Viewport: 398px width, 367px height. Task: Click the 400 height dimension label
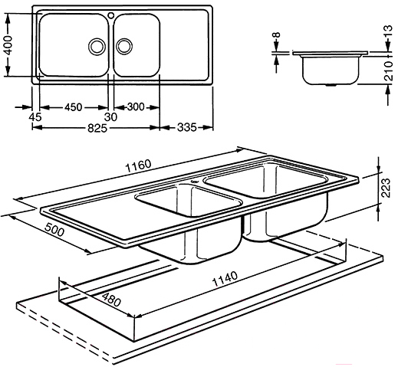(x=8, y=45)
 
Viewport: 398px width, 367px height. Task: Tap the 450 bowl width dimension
(x=74, y=107)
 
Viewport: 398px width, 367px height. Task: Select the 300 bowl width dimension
(x=136, y=106)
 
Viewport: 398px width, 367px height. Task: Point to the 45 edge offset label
(x=35, y=117)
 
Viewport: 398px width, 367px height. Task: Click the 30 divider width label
(x=110, y=117)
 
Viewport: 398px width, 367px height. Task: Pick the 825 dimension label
(x=97, y=128)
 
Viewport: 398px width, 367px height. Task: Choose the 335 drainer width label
(x=187, y=127)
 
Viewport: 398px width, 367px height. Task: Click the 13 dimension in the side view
(x=388, y=31)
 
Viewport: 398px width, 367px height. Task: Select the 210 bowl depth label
(x=389, y=70)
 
